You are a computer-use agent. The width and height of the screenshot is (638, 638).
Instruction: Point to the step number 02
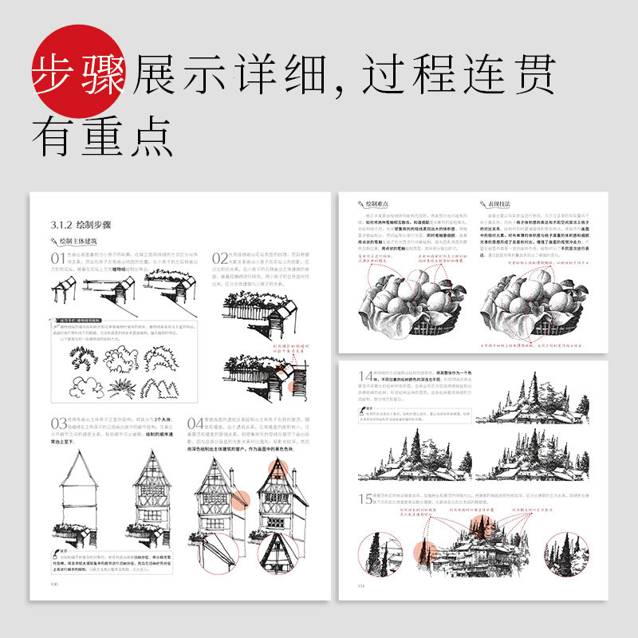click(219, 260)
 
